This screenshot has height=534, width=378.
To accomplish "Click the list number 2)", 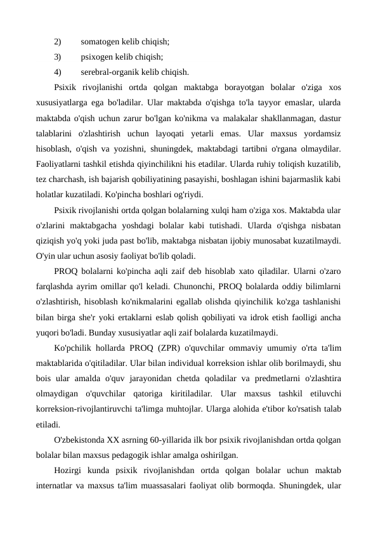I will pyautogui.click(x=58, y=42).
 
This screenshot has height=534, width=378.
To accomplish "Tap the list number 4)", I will pyautogui.click(x=58, y=72).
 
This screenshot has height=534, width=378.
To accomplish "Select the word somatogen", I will pyautogui.click(x=101, y=42).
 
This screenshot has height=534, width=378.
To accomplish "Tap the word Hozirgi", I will pyautogui.click(x=70, y=470).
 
